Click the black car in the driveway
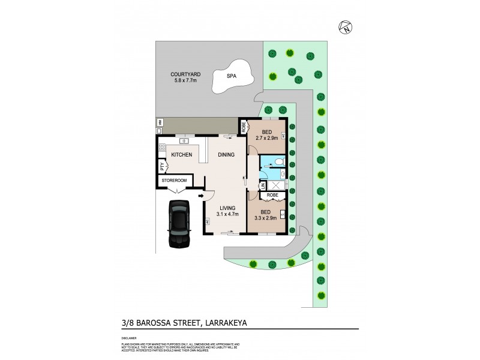tap(178, 224)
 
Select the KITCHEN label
tap(182, 155)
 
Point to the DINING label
tap(226, 155)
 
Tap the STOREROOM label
tap(173, 180)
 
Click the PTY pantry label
tap(161, 167)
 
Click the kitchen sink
tap(184, 142)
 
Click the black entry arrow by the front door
tap(201, 196)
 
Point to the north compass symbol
tap(346, 26)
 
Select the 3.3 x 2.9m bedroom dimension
tap(266, 219)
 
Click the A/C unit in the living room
tap(206, 220)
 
